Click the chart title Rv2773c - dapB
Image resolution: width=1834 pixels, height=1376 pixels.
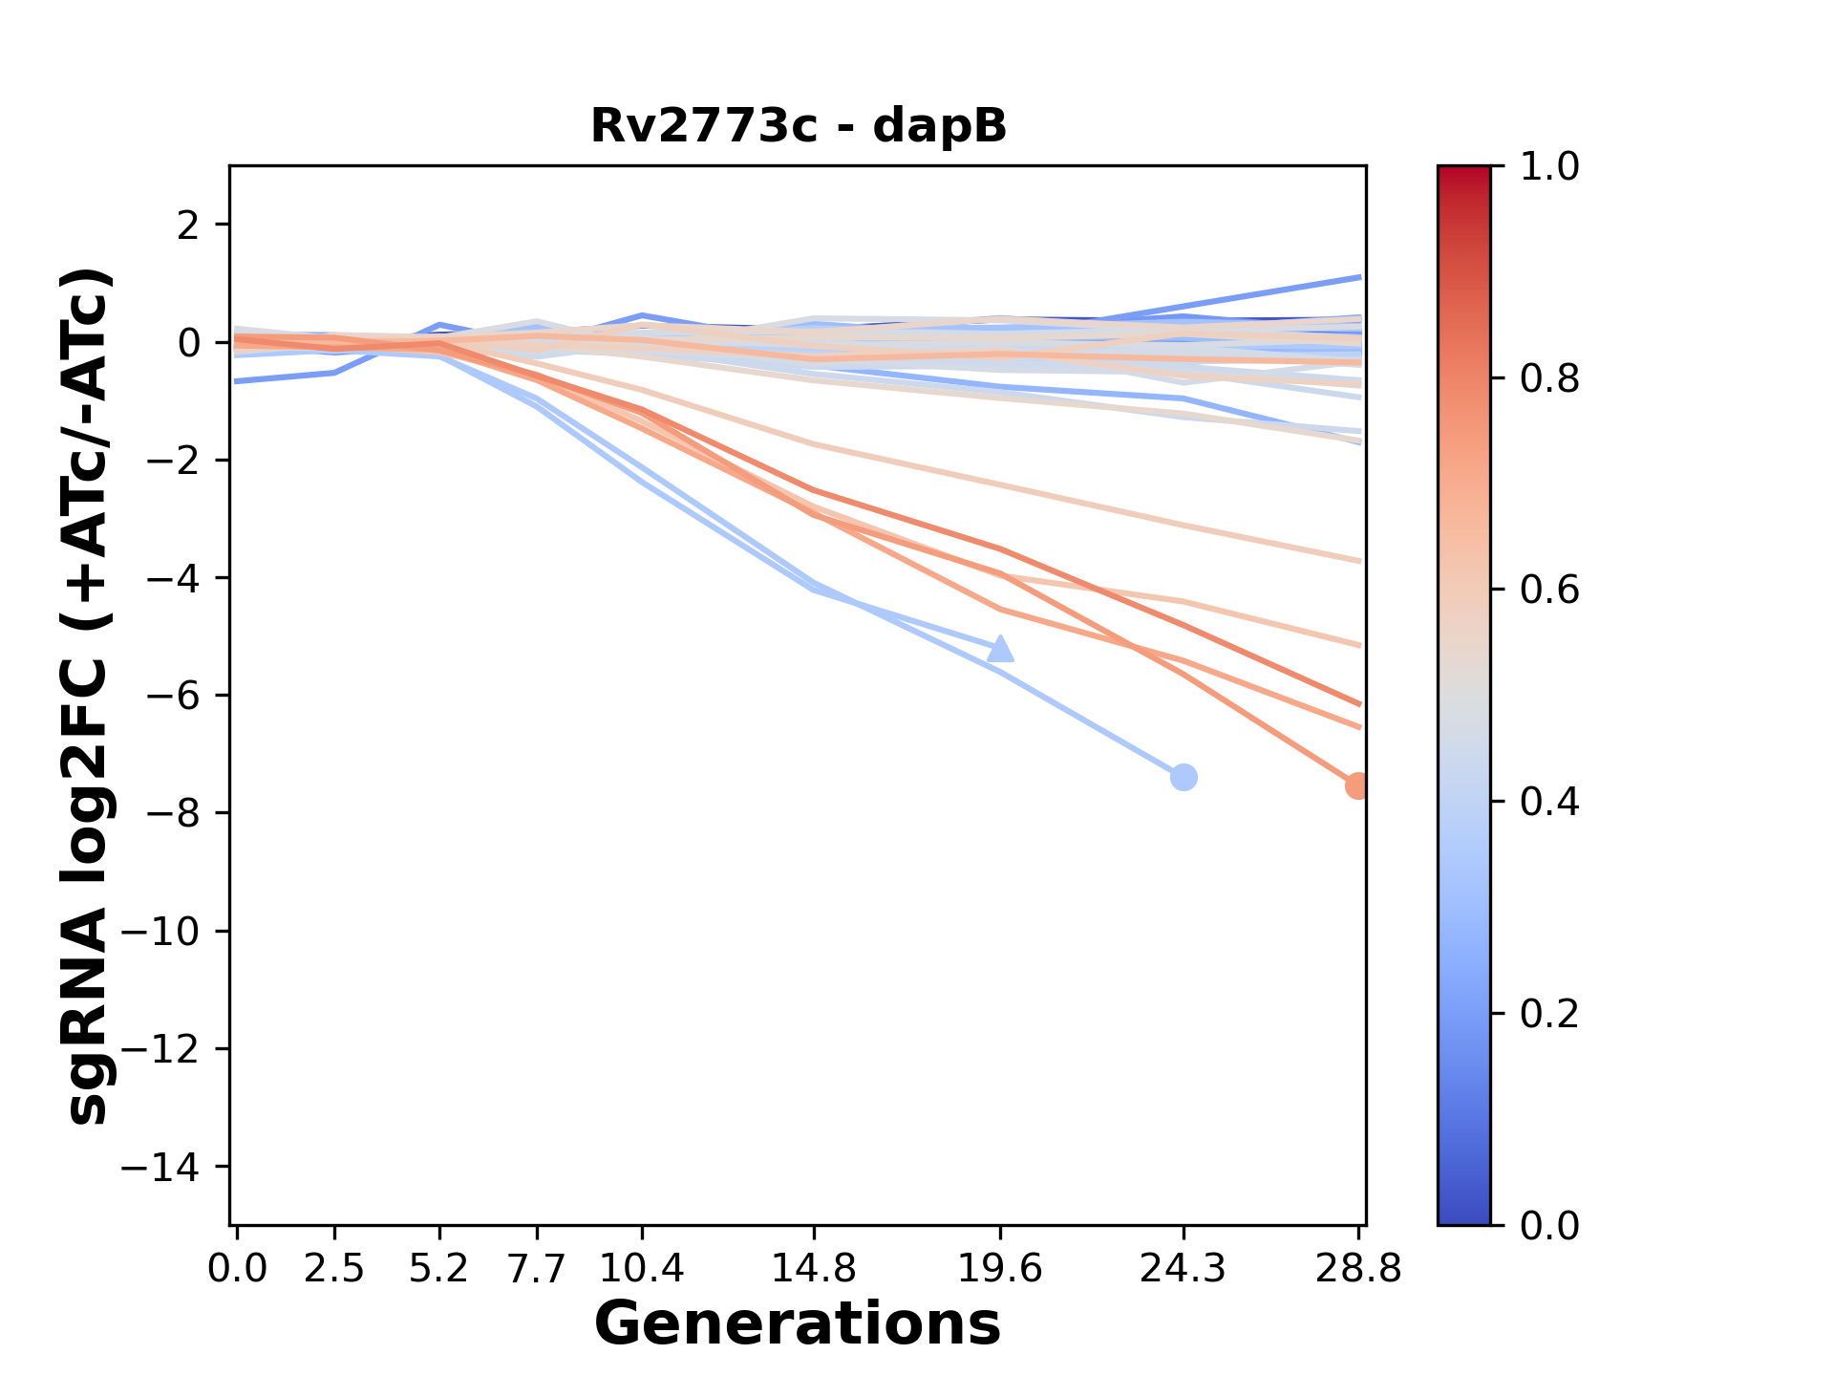click(x=798, y=126)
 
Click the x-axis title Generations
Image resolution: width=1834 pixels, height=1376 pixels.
click(x=798, y=1324)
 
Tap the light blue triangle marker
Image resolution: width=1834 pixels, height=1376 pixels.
click(x=1000, y=649)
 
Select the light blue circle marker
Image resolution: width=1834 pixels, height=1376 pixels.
click(x=1184, y=777)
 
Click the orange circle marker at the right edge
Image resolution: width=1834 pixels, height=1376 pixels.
click(x=1357, y=785)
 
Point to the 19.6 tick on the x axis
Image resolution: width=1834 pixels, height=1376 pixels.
click(x=1000, y=1269)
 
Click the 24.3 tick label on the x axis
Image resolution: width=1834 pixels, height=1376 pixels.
click(x=1184, y=1269)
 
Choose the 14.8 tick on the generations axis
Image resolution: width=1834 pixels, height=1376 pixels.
click(x=814, y=1269)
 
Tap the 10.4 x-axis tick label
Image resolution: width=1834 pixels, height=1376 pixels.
click(x=642, y=1269)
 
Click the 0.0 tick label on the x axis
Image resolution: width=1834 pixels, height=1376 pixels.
click(x=237, y=1269)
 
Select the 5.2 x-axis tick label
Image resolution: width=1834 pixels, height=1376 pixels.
click(x=439, y=1269)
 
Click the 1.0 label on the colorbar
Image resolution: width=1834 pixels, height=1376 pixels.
click(x=1549, y=167)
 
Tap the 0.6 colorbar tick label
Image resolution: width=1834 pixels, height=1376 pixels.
click(x=1549, y=591)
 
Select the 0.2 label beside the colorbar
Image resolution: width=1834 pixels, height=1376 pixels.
click(x=1549, y=1014)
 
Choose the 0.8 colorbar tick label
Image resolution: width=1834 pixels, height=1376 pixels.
click(x=1549, y=379)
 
